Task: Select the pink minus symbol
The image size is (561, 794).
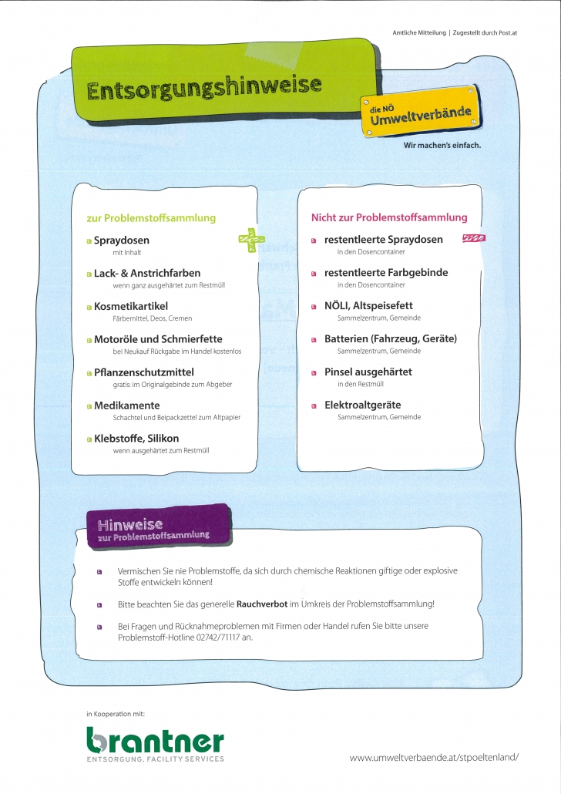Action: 472,239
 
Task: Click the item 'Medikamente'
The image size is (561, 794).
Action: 127,405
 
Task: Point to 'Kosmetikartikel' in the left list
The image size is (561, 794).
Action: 131,306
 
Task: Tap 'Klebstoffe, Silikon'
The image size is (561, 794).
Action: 136,439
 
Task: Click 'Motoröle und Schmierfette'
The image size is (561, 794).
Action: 158,339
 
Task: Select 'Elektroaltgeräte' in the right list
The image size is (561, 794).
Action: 362,405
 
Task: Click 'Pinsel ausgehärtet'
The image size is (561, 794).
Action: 368,372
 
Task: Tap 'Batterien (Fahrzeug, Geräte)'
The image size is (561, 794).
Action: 390,338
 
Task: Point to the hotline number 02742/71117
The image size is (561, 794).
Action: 218,638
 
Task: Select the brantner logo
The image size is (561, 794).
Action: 155,743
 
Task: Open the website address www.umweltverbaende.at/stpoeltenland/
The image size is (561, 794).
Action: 434,758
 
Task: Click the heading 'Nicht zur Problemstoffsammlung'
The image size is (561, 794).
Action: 388,217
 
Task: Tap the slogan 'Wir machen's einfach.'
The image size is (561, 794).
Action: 442,145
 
